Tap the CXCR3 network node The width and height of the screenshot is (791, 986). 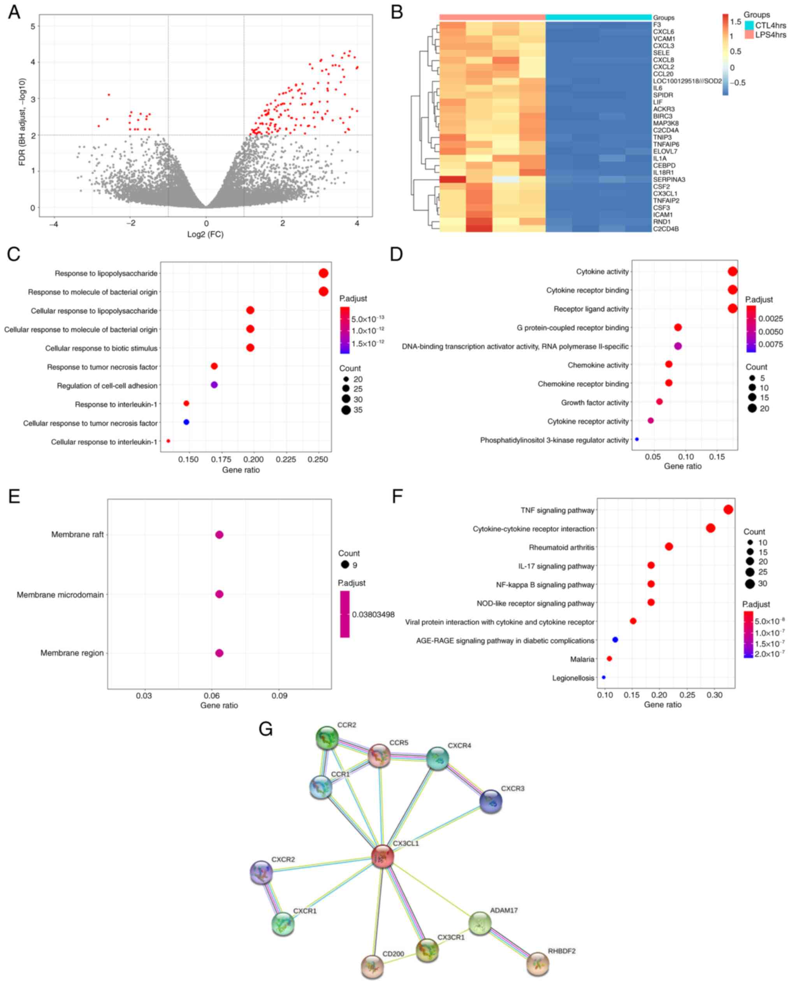pos(490,802)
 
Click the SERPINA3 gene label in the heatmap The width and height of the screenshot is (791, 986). pos(669,180)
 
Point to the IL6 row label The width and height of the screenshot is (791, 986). pos(657,88)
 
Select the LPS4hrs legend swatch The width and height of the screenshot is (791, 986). pos(749,34)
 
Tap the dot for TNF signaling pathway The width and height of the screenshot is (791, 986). pos(728,510)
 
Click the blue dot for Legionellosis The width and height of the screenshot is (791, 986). pos(603,677)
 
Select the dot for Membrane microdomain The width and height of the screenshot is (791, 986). pos(219,594)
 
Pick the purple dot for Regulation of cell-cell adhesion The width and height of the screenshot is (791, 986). pos(214,385)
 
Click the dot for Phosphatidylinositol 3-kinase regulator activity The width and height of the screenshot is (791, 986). pos(637,439)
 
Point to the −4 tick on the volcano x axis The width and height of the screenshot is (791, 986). pos(54,224)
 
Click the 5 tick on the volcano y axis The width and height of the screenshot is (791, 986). pos(32,26)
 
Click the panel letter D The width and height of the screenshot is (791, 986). pos(396,254)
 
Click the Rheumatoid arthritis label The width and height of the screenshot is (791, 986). pos(561,547)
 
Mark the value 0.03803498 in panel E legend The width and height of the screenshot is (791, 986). pos(373,615)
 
